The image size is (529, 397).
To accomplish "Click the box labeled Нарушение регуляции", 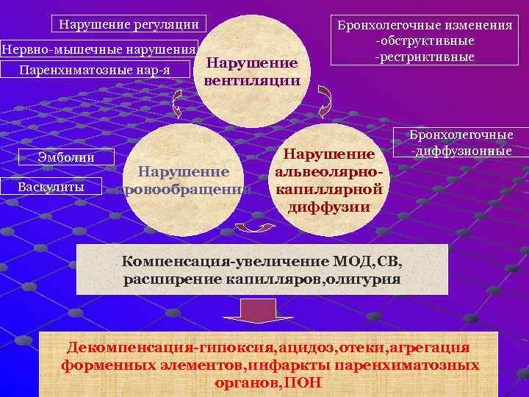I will tap(129, 24).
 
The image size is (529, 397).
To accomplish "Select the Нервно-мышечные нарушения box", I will tap(99, 49).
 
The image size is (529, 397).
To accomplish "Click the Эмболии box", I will tap(66, 157).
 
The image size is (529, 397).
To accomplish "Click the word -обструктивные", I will tap(425, 41).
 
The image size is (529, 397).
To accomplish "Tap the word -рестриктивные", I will tap(425, 57).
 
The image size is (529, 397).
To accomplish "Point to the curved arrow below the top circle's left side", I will tap(177, 108).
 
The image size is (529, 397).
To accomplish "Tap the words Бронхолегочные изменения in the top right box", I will tap(425, 25).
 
